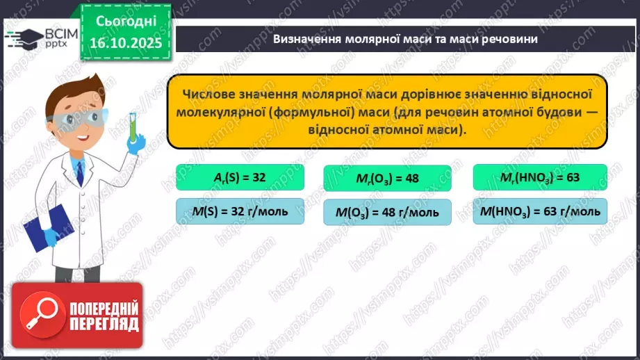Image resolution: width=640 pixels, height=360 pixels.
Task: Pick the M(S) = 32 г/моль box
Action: point(240,211)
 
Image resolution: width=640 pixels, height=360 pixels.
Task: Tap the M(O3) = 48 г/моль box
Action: point(388,212)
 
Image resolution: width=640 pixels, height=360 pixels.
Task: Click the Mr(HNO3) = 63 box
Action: point(540,177)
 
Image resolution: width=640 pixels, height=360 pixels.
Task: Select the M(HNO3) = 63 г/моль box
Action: point(540,211)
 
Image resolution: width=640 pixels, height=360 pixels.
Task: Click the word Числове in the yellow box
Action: point(213,94)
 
